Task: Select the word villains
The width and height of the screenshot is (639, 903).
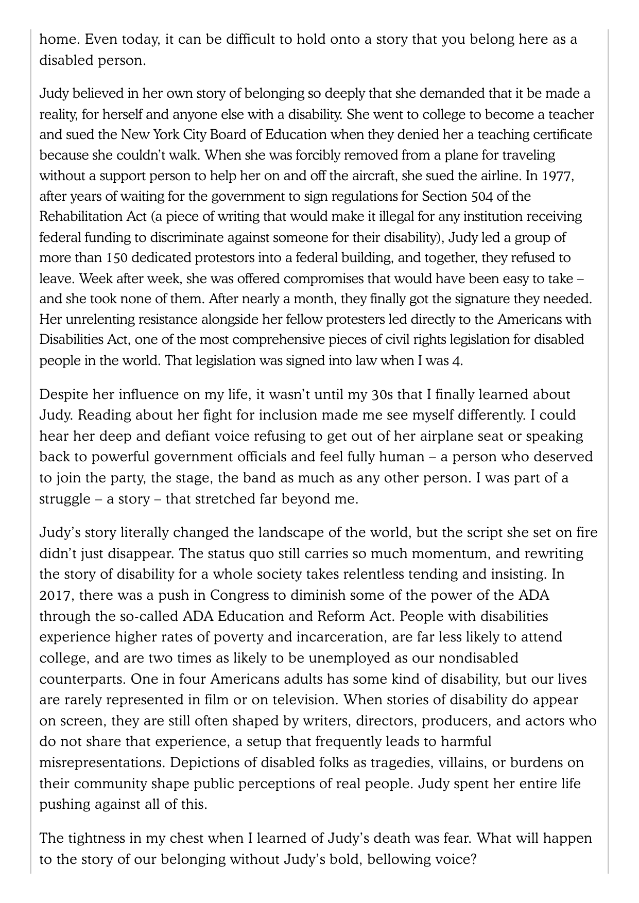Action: click(x=456, y=762)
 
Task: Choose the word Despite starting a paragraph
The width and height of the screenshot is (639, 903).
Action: click(x=64, y=394)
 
